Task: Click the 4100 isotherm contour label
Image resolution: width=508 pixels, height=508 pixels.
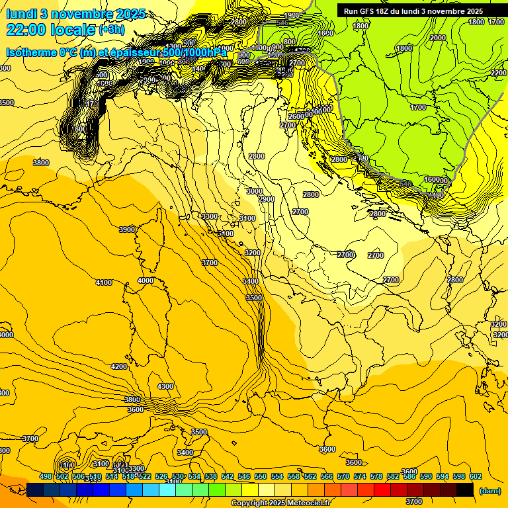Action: [x=104, y=282]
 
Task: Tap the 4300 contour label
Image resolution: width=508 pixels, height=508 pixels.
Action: [x=165, y=386]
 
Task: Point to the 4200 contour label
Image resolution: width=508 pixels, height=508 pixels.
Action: [x=119, y=366]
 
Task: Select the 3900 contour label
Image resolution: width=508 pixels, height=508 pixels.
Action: [x=127, y=230]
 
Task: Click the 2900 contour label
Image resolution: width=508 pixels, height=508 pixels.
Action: [x=267, y=199]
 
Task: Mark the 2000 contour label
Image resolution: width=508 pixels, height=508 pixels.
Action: [x=438, y=38]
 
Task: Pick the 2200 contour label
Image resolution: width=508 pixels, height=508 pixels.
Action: [x=499, y=73]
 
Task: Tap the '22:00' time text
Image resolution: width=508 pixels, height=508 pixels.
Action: [x=26, y=30]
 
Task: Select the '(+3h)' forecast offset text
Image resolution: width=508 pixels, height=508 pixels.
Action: [x=112, y=30]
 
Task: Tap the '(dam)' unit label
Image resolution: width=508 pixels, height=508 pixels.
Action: [x=489, y=491]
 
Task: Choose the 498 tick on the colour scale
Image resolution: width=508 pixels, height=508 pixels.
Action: [x=46, y=476]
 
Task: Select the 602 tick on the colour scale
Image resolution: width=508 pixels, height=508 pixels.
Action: [x=476, y=476]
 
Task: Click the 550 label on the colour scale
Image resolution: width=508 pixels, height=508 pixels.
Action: [x=261, y=476]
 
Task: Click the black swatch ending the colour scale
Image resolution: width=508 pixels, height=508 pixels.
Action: [x=465, y=489]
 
